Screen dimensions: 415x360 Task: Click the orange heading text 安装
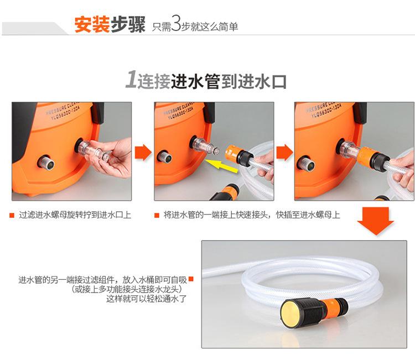click(92, 24)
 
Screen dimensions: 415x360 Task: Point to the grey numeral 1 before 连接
click(131, 79)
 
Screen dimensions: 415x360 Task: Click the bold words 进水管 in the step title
click(195, 81)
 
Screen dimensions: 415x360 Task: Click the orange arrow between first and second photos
click(143, 153)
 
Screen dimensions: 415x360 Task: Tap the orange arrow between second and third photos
click(285, 153)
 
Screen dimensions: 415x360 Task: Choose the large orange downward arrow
click(375, 221)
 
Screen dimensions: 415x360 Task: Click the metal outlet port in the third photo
click(306, 162)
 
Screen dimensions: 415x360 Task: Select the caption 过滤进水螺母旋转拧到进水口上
click(75, 215)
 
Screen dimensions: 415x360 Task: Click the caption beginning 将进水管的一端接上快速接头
click(252, 215)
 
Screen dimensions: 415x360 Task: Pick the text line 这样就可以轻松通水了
click(147, 299)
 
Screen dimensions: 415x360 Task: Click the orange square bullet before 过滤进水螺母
click(12, 215)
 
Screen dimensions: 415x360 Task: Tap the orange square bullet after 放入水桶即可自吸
click(191, 279)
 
